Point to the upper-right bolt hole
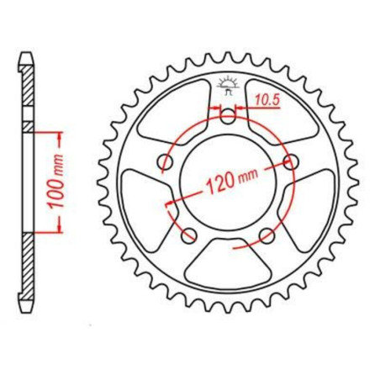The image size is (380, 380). [293, 161]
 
